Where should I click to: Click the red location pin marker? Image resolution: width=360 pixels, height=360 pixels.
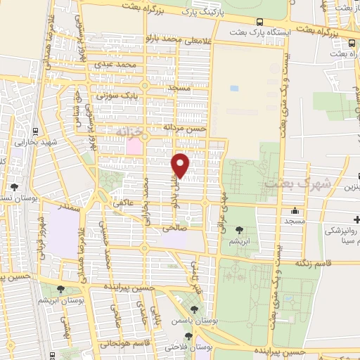click(x=181, y=165)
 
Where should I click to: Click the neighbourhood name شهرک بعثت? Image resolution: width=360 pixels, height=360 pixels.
click(x=286, y=184)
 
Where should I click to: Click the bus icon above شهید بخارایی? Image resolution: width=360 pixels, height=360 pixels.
click(x=35, y=131)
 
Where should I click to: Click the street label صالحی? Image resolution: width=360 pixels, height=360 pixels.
click(x=172, y=229)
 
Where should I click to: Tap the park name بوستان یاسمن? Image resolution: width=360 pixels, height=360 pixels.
click(x=193, y=321)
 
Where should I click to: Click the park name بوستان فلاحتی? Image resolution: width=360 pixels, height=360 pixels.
click(x=184, y=346)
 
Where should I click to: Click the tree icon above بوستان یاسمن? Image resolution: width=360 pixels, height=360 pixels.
click(x=195, y=309)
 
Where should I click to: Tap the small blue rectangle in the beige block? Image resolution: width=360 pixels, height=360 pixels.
click(x=233, y=89)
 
